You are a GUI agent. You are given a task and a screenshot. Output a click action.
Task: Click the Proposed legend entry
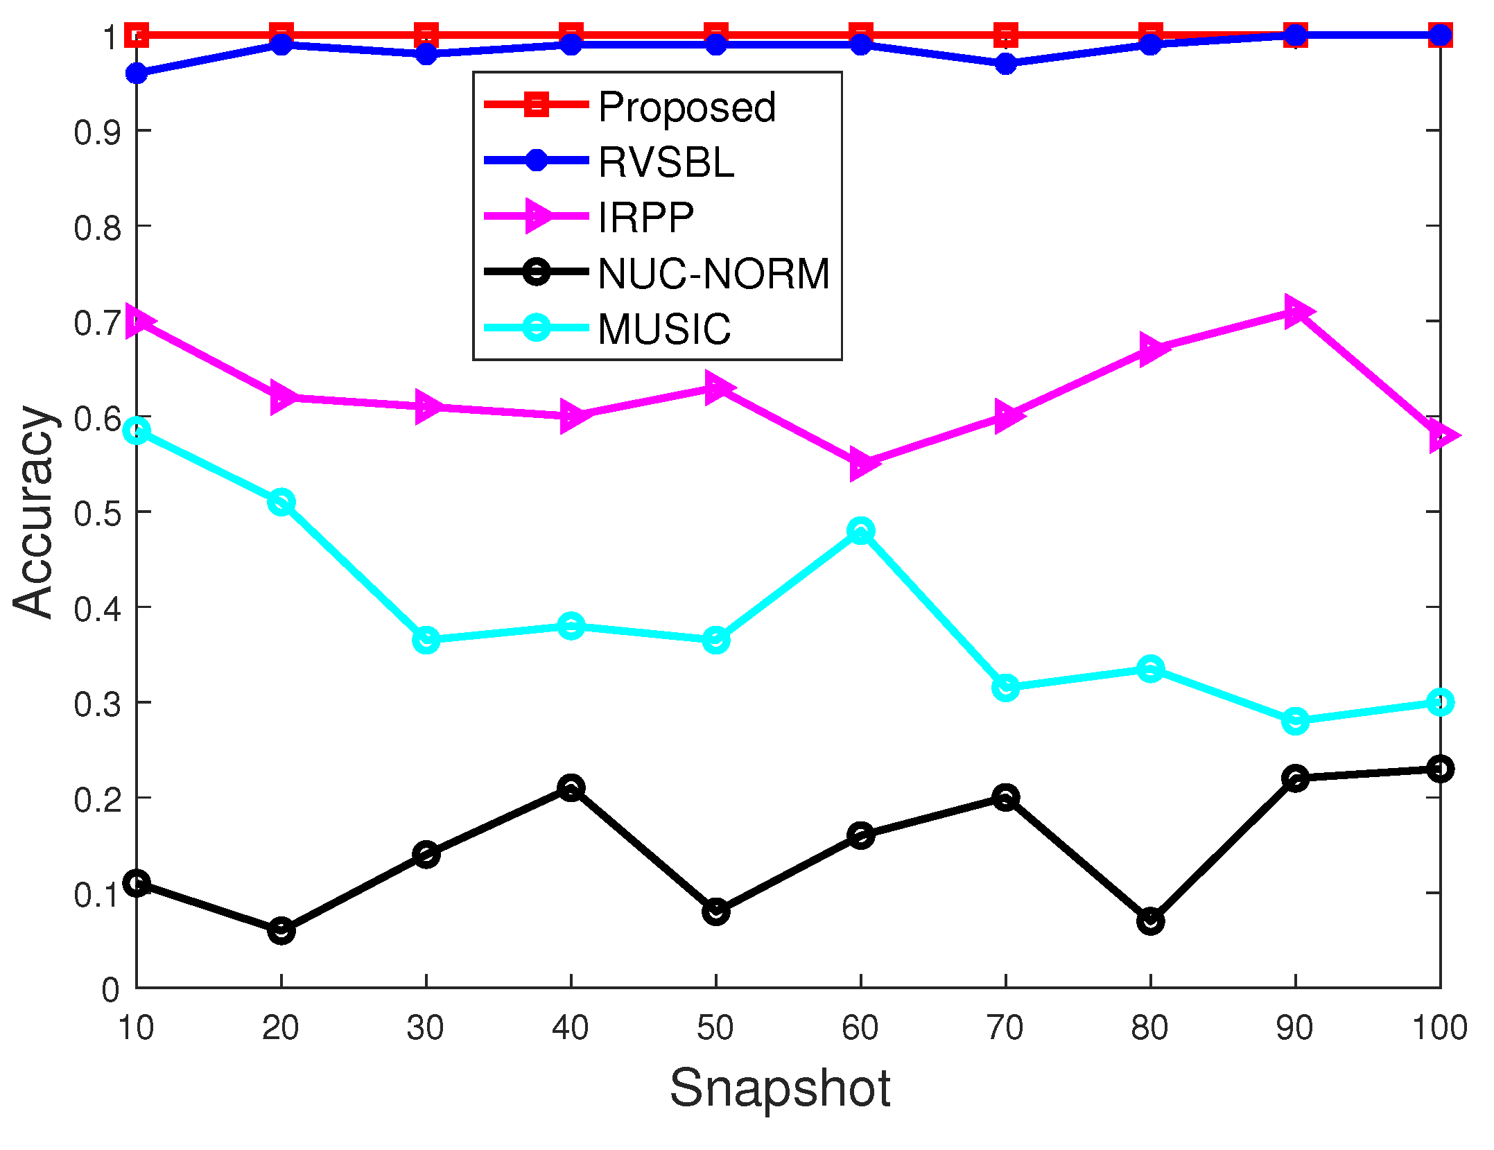(686, 107)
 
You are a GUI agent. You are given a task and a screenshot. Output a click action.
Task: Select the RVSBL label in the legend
(666, 163)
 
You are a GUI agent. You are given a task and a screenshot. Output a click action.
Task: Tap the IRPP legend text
(645, 218)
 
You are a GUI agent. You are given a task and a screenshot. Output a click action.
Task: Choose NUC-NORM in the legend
(713, 273)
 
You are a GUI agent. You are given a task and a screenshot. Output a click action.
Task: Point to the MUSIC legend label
(664, 329)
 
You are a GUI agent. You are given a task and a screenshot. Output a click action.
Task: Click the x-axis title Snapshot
(779, 1088)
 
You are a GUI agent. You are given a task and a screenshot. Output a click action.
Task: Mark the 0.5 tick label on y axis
(96, 514)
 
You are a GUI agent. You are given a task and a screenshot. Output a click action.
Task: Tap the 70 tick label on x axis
(1005, 1027)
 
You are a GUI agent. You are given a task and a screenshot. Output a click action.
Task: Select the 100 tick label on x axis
(1439, 1027)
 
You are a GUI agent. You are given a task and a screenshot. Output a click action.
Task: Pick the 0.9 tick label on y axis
(96, 132)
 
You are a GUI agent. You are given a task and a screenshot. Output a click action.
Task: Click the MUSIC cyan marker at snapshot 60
(860, 531)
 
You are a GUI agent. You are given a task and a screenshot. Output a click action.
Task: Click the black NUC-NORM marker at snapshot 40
(571, 787)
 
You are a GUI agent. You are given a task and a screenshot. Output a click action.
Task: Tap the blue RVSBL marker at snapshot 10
(137, 73)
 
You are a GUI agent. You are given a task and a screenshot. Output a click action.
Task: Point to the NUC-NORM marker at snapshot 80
(1150, 921)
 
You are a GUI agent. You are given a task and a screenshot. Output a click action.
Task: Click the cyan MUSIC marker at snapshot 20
(281, 502)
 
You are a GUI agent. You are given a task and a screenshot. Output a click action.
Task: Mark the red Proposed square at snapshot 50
(715, 35)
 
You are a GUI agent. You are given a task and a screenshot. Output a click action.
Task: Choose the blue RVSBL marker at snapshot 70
(1005, 64)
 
